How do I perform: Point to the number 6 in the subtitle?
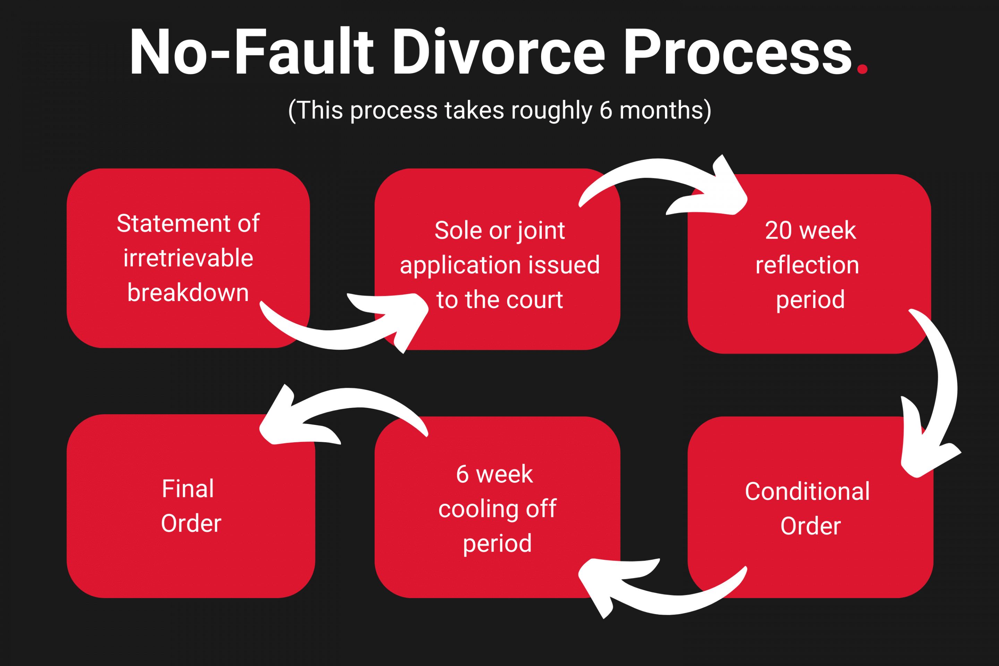(x=606, y=110)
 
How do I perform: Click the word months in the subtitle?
(x=662, y=110)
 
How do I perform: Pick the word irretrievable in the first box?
(x=188, y=258)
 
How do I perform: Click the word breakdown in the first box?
(x=188, y=293)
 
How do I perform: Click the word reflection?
(x=807, y=265)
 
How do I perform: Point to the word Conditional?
(x=807, y=492)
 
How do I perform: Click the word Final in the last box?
(x=188, y=489)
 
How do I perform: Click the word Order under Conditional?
(x=810, y=526)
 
